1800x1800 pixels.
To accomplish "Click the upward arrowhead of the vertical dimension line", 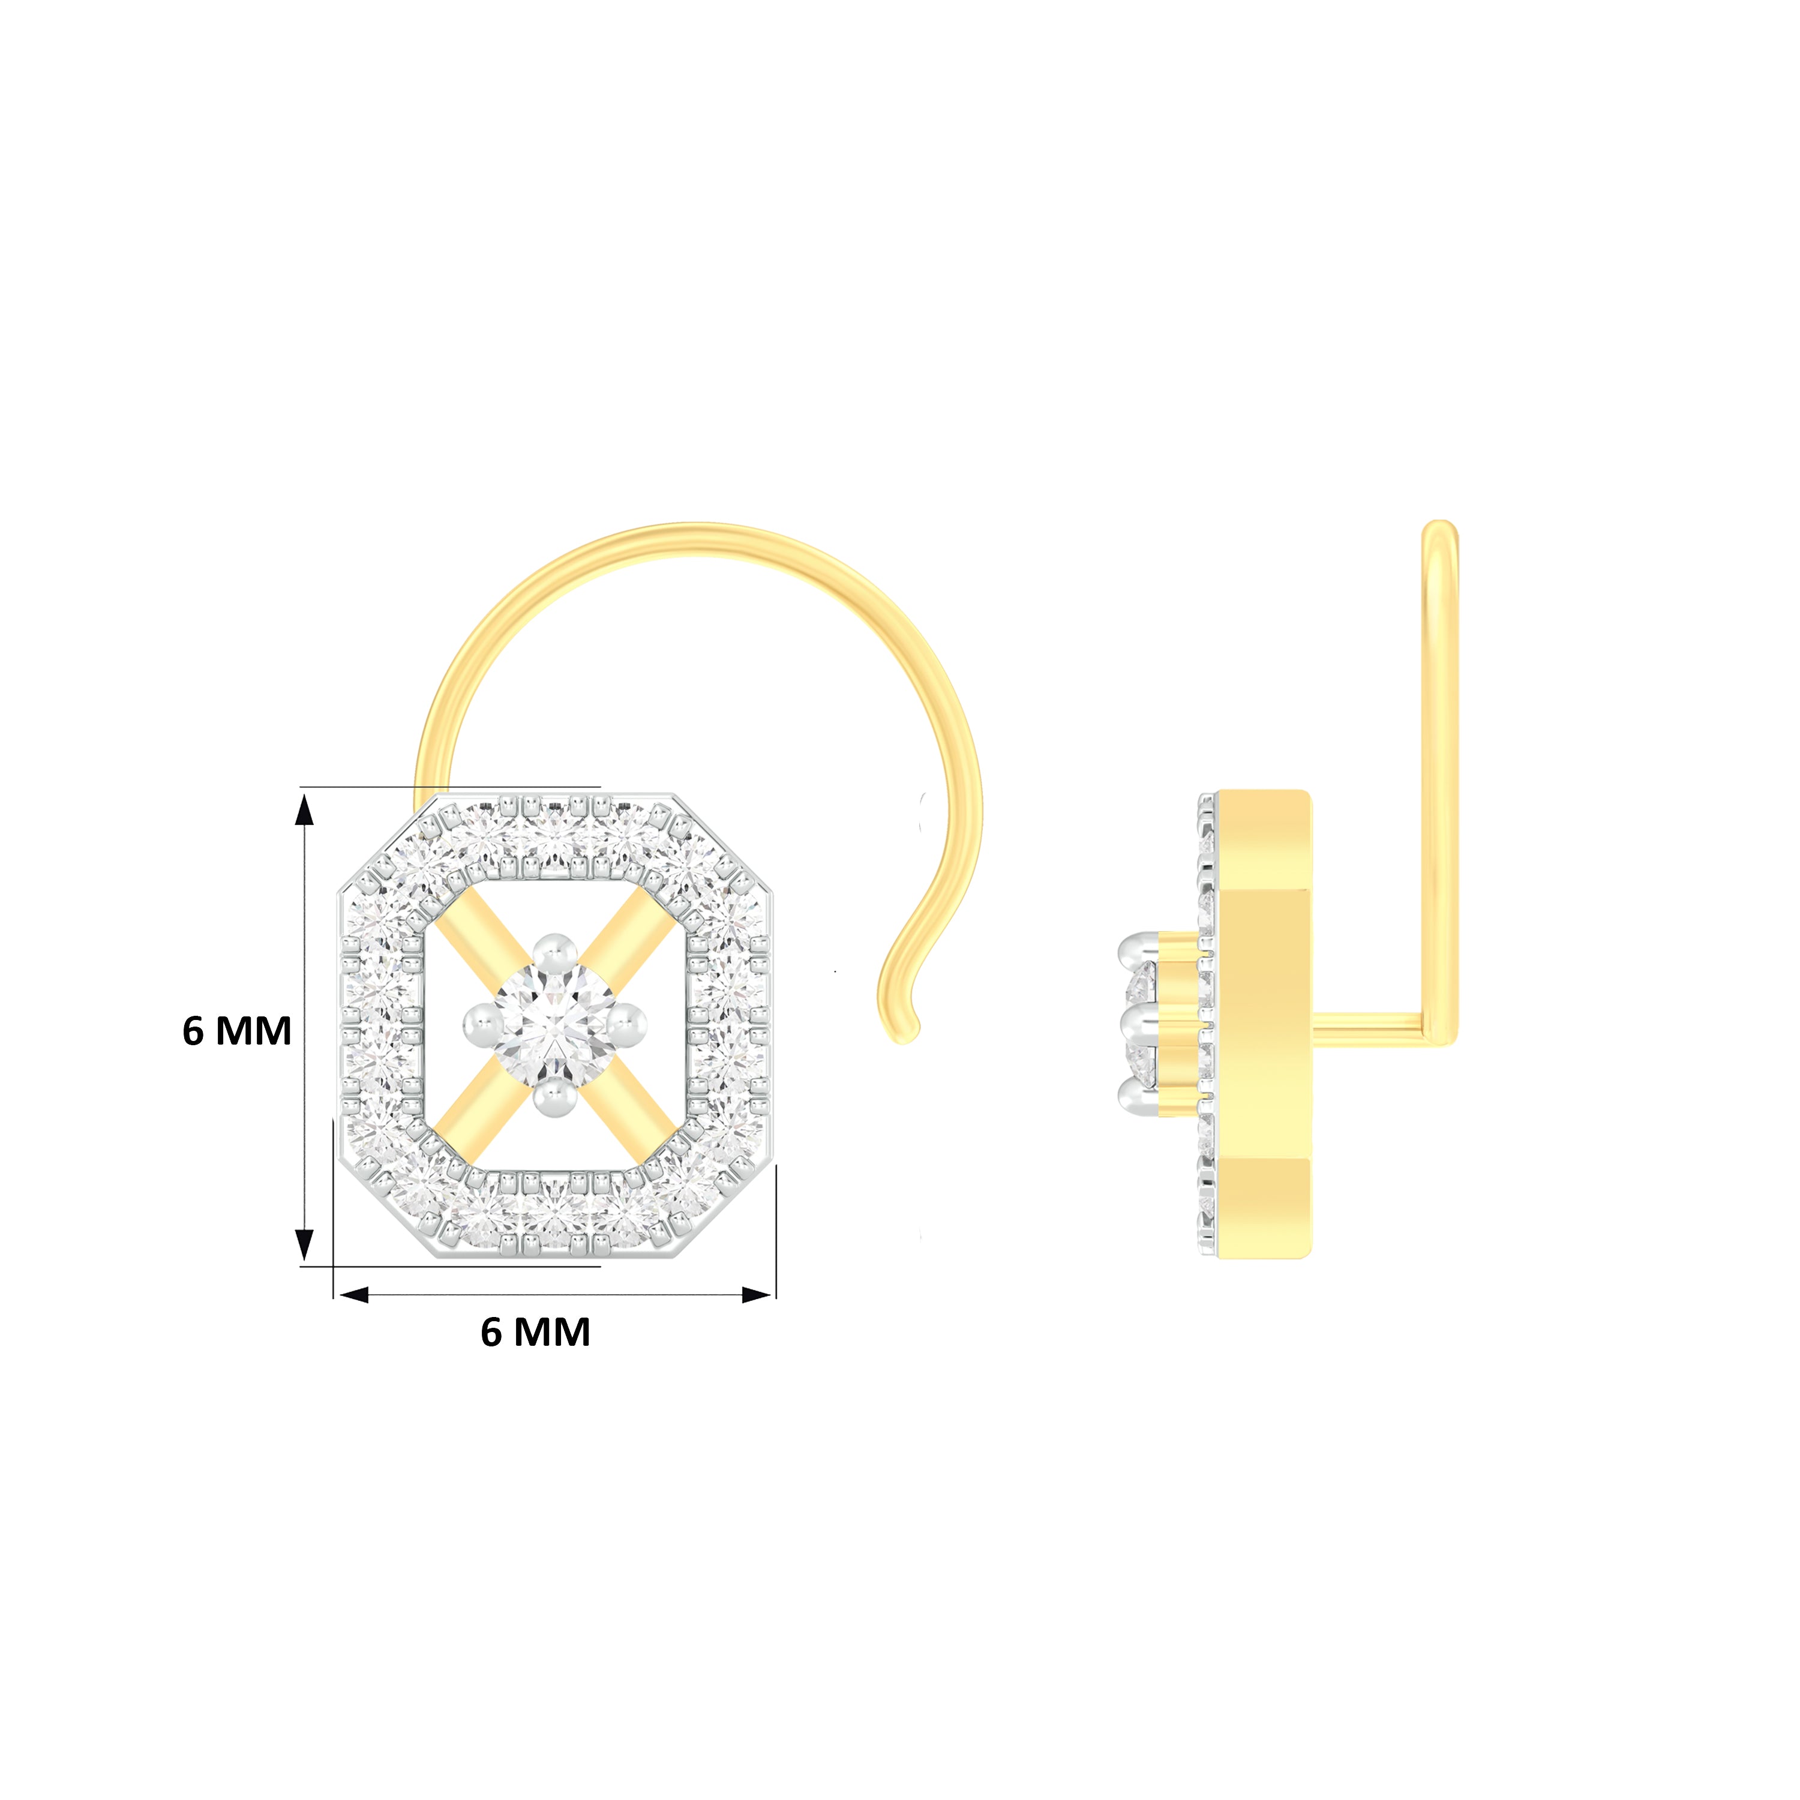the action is click(304, 809).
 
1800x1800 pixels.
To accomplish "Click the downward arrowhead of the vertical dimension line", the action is click(304, 1245).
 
